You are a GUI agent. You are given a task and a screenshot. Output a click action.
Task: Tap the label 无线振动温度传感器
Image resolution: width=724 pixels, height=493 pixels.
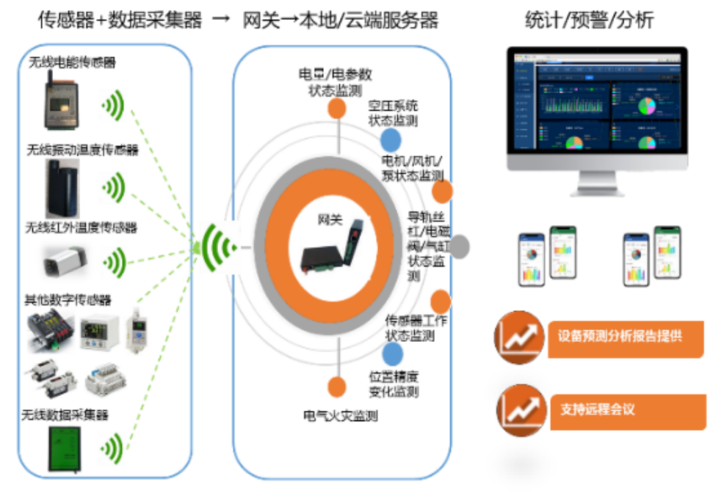tap(82, 150)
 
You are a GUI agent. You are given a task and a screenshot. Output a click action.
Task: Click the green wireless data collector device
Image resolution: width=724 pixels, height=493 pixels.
tap(65, 447)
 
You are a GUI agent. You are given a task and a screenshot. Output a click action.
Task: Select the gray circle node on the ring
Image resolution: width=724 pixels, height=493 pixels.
tap(458, 247)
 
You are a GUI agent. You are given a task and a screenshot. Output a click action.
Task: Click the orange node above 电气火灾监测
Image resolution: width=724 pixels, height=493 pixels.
tap(337, 387)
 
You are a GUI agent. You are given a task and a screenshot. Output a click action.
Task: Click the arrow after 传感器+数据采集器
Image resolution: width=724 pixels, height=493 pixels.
tap(220, 21)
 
